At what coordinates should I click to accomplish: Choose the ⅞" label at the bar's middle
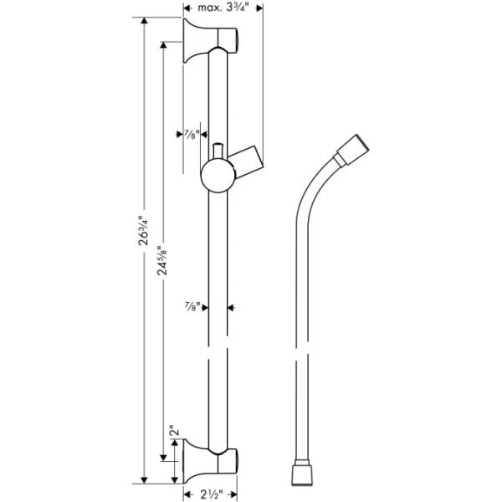tap(192, 306)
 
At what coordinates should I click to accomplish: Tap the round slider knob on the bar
tap(218, 176)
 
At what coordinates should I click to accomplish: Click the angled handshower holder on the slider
tap(246, 159)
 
